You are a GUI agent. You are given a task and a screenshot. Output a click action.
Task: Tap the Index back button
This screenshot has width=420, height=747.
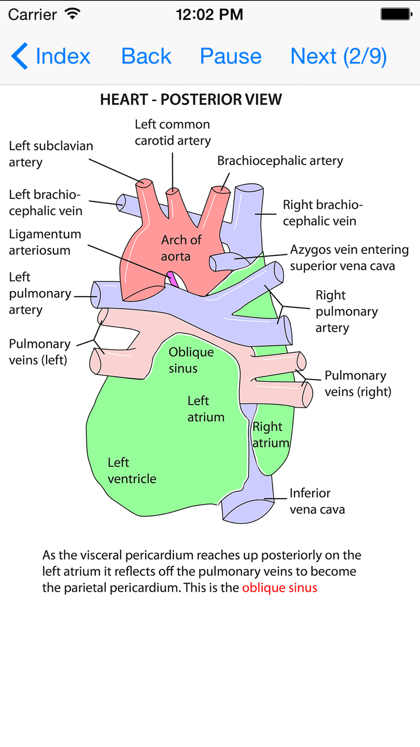pos(51,56)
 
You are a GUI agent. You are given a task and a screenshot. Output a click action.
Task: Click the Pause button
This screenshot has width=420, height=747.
pos(231,56)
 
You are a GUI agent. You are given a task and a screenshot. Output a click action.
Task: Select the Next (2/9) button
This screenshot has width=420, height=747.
pos(339,56)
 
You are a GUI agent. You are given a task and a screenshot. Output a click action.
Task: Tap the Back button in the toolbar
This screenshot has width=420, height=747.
pos(146,56)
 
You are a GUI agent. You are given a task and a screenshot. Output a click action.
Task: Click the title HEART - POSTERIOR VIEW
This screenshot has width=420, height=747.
pos(191,100)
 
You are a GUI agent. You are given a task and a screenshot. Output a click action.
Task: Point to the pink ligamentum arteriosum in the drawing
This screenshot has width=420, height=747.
pos(173,279)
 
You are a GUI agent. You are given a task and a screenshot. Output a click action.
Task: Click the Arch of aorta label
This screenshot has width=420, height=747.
pos(181,248)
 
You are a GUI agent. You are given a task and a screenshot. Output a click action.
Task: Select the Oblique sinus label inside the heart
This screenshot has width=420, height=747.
pos(191,360)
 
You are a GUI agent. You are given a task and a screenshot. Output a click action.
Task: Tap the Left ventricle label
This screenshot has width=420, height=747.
pos(131,471)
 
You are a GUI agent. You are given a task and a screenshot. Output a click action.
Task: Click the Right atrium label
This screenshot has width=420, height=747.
pos(270,435)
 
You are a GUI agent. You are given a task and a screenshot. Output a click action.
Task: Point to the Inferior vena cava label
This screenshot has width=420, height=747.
pos(317,501)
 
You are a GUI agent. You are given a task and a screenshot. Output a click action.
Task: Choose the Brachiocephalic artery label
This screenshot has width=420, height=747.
pos(280,161)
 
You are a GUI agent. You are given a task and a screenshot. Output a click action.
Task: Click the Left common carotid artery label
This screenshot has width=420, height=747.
pos(172,132)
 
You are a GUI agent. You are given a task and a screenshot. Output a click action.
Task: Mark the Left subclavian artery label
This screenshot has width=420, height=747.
pos(51,154)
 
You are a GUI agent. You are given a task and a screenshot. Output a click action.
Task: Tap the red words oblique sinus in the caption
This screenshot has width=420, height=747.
pos(279,588)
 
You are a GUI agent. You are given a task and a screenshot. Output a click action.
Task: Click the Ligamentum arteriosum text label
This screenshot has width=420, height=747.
pos(45,242)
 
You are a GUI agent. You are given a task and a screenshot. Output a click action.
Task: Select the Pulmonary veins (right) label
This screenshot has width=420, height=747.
pos(357,384)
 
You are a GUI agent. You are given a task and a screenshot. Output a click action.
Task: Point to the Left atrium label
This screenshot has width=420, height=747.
pos(205,409)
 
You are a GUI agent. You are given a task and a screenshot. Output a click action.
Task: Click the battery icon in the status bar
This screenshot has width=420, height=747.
pos(396,14)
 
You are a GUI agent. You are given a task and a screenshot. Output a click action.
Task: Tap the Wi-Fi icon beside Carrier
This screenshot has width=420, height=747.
pos(73,14)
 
